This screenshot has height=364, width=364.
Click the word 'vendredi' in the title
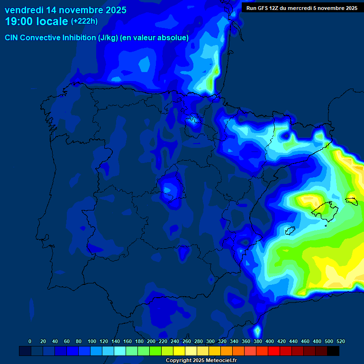[x=24, y=10]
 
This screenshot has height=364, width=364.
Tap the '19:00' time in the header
[x=18, y=21]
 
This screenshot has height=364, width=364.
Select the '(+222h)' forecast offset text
[x=84, y=21]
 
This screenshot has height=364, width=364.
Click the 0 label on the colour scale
[x=30, y=341]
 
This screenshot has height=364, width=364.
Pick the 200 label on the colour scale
[x=151, y=341]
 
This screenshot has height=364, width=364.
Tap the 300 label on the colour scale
[x=210, y=341]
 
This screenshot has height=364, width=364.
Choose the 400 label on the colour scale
[x=269, y=341]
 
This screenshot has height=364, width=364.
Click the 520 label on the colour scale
[x=340, y=341]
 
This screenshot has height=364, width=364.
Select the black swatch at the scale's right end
[x=333, y=351]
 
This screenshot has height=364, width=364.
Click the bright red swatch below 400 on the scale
[x=274, y=351]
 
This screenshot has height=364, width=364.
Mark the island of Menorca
[x=352, y=201]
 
